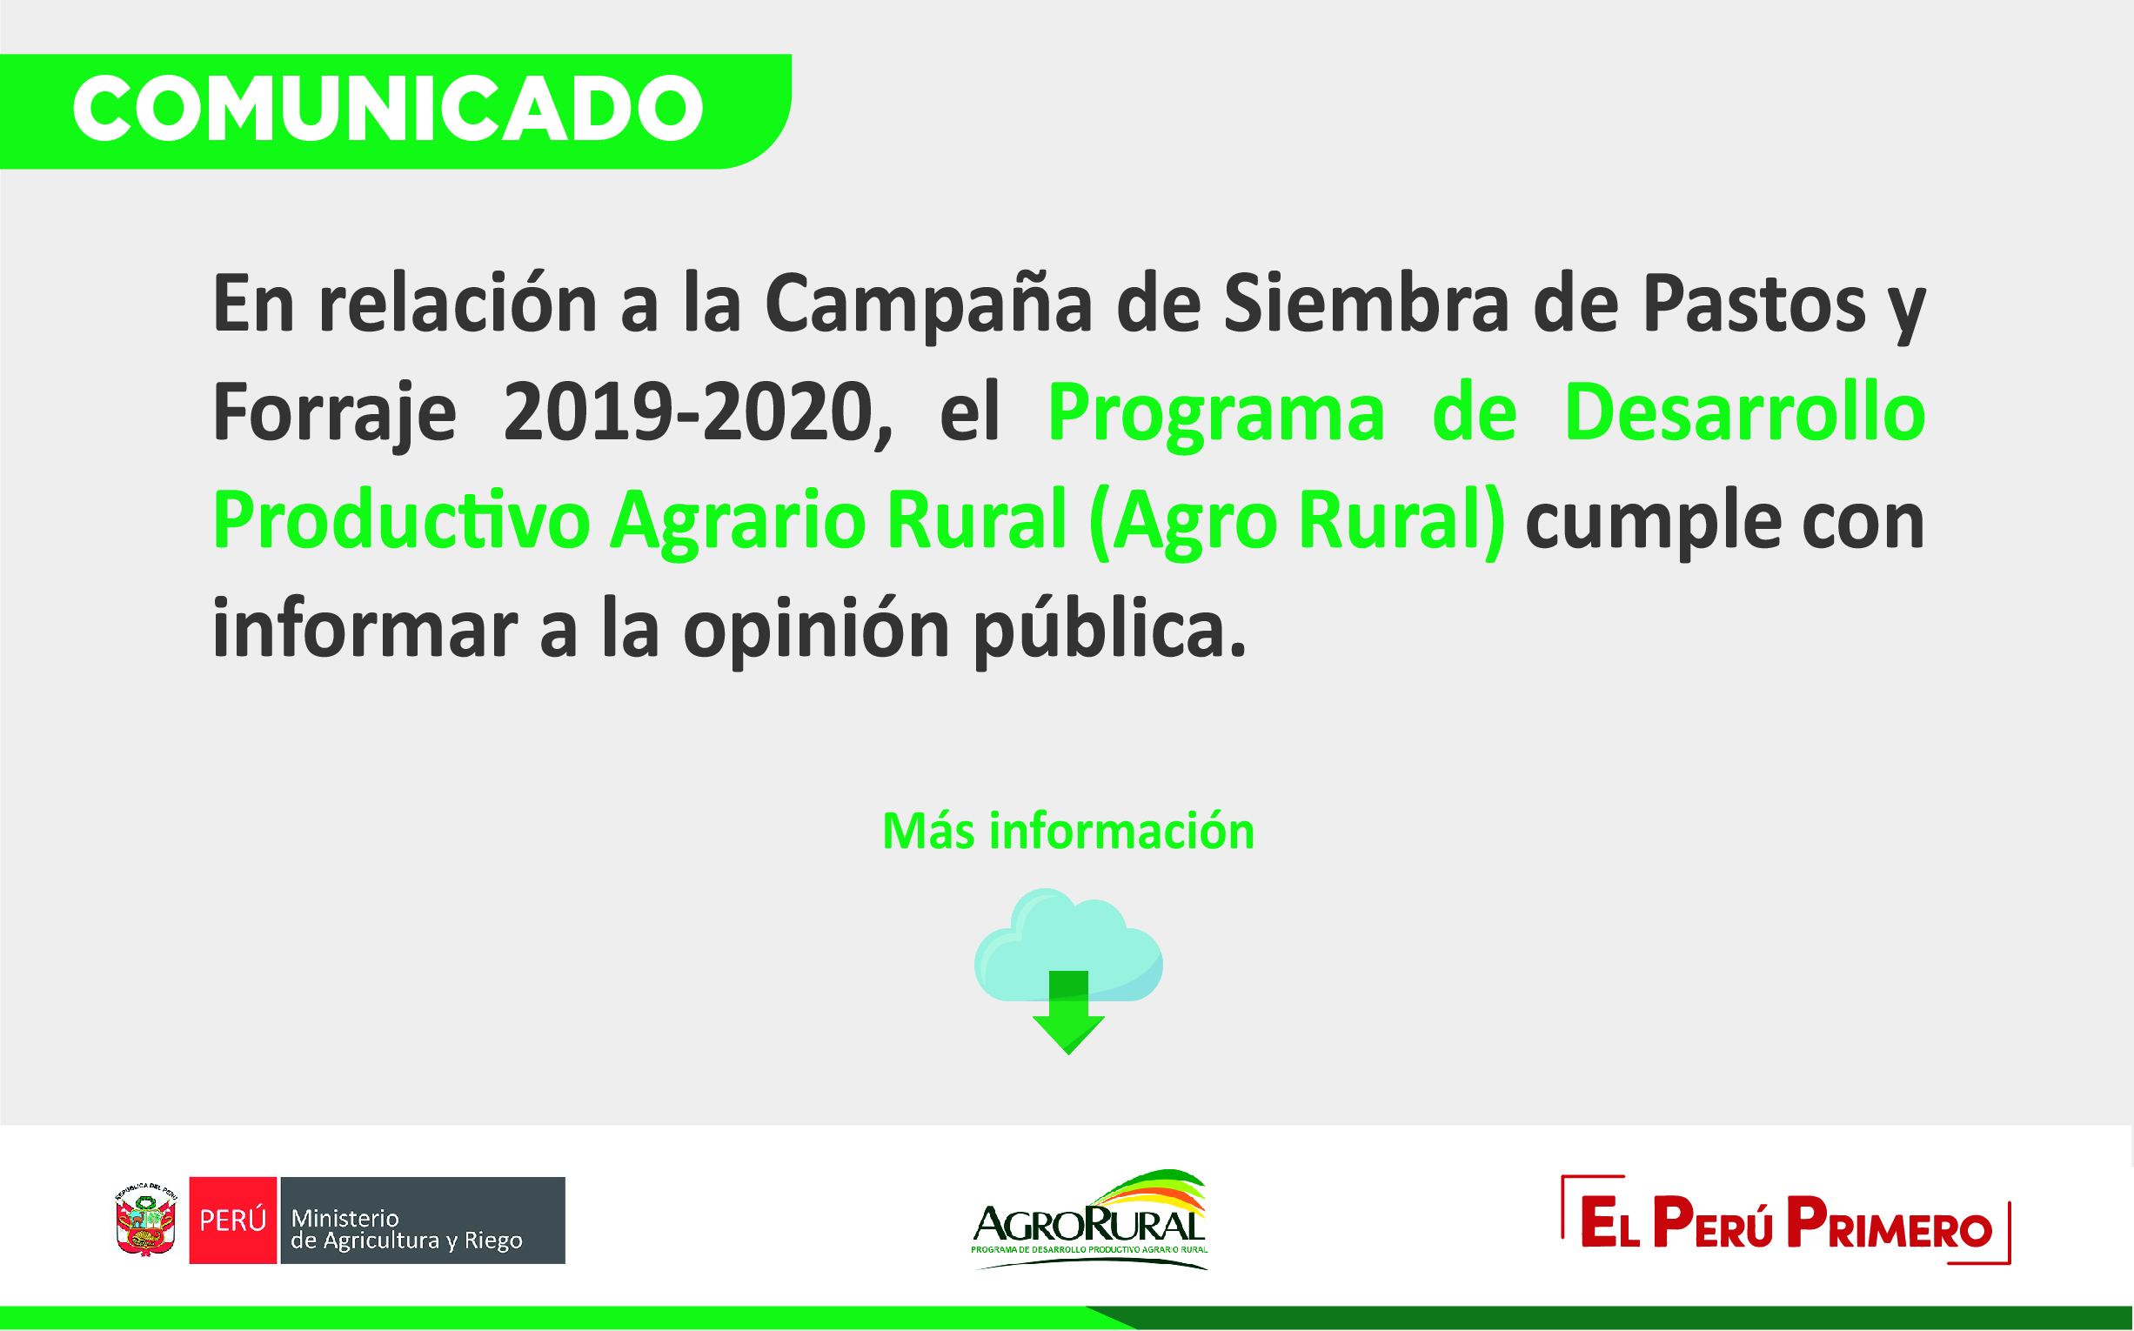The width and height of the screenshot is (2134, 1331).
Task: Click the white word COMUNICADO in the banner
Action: click(x=388, y=108)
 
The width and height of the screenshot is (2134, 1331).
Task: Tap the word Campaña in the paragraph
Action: click(x=929, y=304)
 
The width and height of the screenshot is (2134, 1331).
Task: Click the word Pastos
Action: click(x=1755, y=304)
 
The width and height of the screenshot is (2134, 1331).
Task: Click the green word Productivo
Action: click(x=401, y=519)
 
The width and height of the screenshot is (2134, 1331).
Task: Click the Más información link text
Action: click(x=1068, y=831)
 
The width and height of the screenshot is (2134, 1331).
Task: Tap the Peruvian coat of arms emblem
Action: click(x=145, y=1220)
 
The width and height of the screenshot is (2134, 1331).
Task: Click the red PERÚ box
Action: click(x=233, y=1220)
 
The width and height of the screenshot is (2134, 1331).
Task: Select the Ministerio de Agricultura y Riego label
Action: click(x=407, y=1230)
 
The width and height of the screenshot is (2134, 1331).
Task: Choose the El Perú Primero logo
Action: click(x=1786, y=1220)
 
